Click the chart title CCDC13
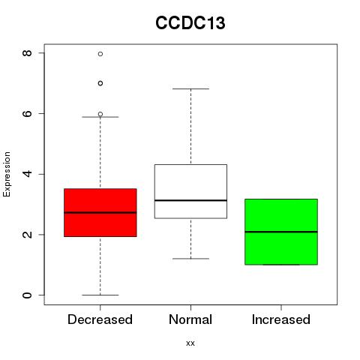190,22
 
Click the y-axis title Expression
7,175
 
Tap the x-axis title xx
190,343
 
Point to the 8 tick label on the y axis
27,53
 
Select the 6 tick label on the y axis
27,113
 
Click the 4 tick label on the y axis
27,174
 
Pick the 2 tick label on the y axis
27,235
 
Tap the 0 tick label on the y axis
27,295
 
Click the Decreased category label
100,319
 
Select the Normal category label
190,319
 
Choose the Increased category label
281,319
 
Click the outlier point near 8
100,54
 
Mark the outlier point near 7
100,83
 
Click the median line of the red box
100,212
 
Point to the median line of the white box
190,200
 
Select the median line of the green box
281,232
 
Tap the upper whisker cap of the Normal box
190,88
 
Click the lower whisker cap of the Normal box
190,259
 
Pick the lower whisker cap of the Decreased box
100,295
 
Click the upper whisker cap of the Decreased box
100,117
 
